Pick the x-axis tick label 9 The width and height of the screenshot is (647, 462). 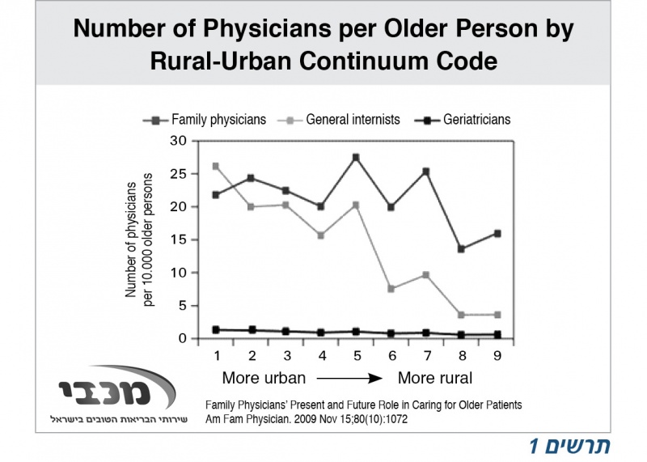(497, 356)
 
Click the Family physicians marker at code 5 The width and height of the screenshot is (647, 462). (356, 157)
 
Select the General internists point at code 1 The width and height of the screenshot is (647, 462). (215, 166)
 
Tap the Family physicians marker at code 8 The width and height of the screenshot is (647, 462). (462, 249)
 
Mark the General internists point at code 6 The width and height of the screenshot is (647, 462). (391, 289)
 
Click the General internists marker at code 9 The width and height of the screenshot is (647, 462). (497, 315)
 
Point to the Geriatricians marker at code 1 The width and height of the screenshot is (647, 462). (215, 329)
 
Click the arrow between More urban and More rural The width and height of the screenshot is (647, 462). (349, 378)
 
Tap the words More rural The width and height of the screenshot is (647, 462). (434, 378)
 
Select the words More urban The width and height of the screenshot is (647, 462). (264, 378)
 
